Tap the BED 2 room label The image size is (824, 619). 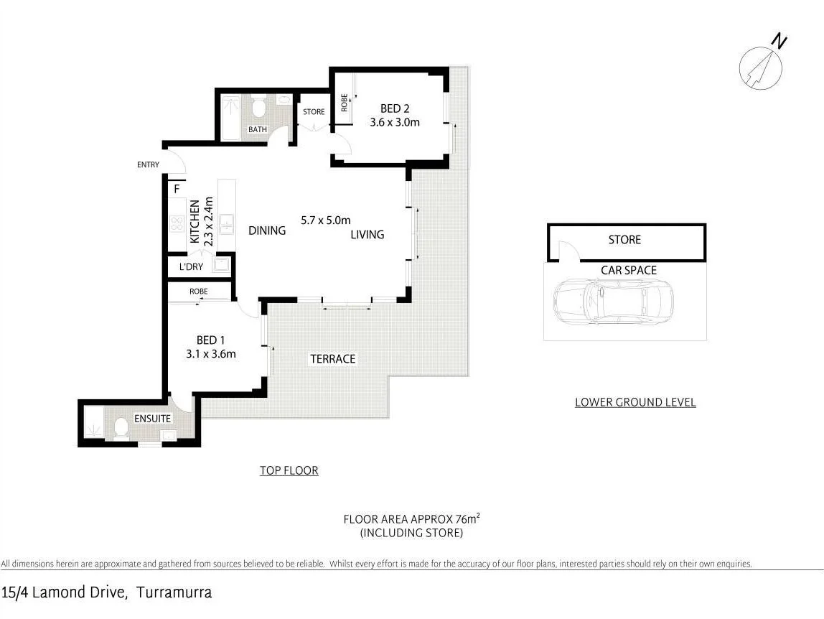pos(394,108)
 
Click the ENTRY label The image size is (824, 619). pos(148,165)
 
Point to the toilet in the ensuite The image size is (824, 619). pos(121,429)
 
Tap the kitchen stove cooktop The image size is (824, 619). pos(177,223)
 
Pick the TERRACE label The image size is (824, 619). pos(332,358)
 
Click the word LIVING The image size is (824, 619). pos(367,234)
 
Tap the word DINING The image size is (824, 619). pos(267,231)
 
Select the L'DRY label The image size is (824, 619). pos(191,266)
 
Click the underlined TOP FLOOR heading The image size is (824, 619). pos(289,470)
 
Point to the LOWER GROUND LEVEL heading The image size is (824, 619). pos(635,402)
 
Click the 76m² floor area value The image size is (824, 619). pos(467,519)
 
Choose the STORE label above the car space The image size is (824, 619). pos(624,240)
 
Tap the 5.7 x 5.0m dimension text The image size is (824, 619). pos(326,220)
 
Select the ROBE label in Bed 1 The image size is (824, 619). pos(199,292)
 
